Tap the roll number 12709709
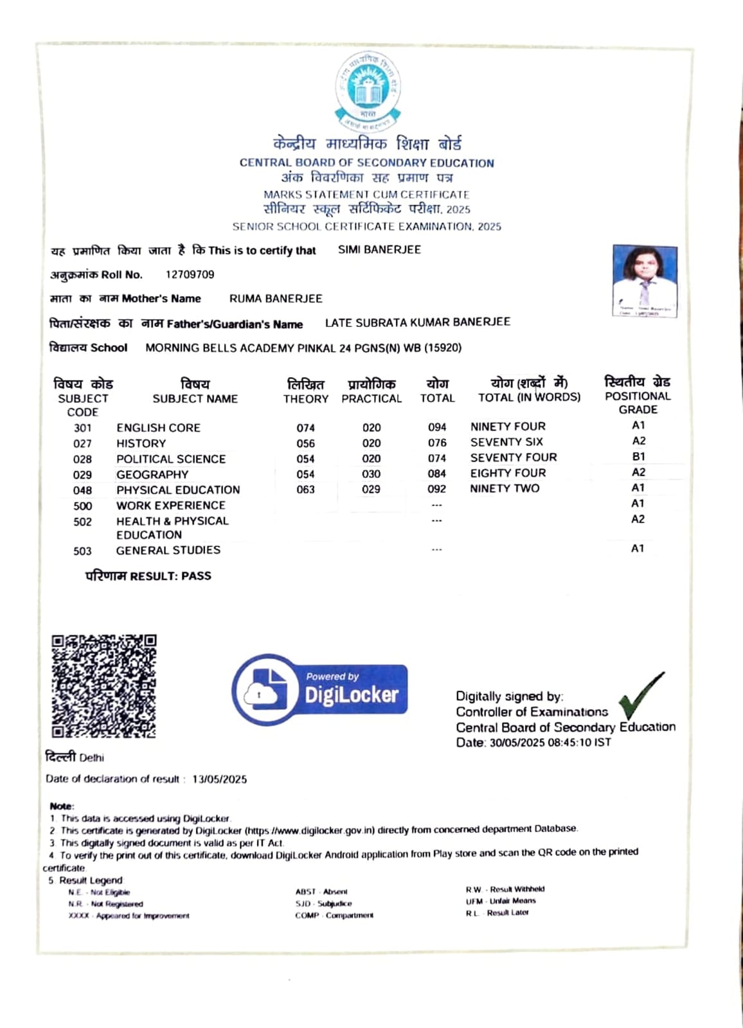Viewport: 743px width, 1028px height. pyautogui.click(x=190, y=275)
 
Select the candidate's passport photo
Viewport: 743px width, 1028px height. pyautogui.click(x=645, y=280)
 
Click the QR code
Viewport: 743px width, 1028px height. pyautogui.click(x=103, y=686)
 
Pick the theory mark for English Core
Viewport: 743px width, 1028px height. pyautogui.click(x=306, y=428)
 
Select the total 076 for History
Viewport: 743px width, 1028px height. pyautogui.click(x=437, y=443)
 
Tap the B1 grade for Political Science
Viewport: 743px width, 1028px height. pyautogui.click(x=638, y=457)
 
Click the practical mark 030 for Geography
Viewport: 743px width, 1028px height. pyautogui.click(x=371, y=474)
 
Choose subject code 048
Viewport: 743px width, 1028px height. pyautogui.click(x=82, y=490)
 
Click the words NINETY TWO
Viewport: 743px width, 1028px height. pyautogui.click(x=505, y=488)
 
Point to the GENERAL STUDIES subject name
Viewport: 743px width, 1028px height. pyautogui.click(x=168, y=551)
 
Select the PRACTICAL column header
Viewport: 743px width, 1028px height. pyautogui.click(x=371, y=399)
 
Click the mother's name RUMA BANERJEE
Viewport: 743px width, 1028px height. pyautogui.click(x=276, y=299)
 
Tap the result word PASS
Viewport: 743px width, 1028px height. pyautogui.click(x=196, y=576)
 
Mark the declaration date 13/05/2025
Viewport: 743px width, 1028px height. pyautogui.click(x=219, y=779)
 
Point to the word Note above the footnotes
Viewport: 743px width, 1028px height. pyautogui.click(x=62, y=806)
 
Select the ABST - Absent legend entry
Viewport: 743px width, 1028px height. pyautogui.click(x=321, y=892)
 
